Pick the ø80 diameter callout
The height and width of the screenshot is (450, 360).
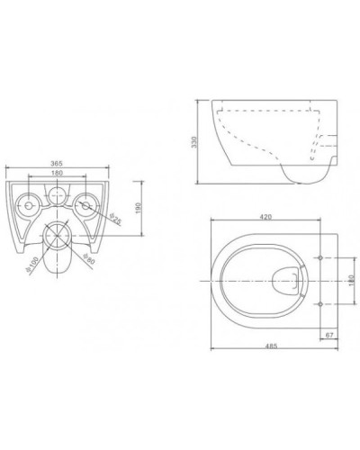click(x=88, y=262)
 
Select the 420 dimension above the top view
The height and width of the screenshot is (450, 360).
click(x=265, y=217)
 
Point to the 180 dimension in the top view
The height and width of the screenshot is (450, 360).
click(x=350, y=280)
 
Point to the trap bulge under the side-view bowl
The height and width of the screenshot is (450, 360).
click(x=301, y=173)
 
